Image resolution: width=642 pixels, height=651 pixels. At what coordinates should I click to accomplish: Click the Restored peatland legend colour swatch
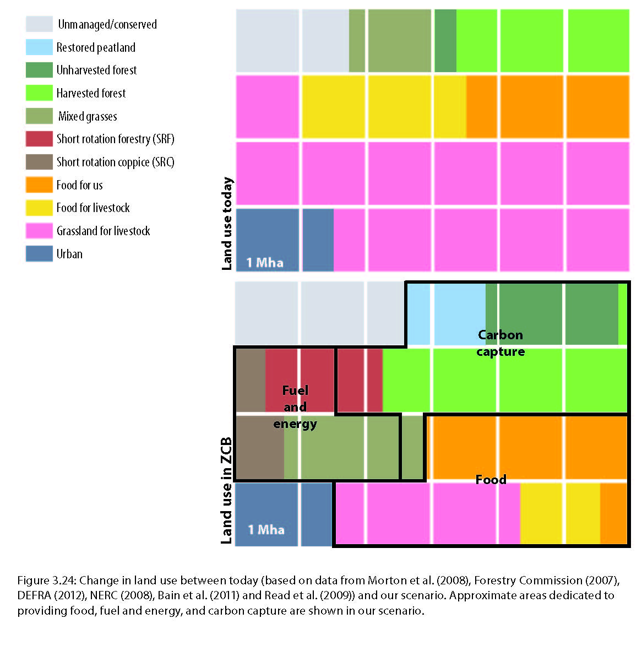point(39,47)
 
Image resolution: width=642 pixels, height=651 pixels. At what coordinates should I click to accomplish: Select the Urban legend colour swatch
point(39,254)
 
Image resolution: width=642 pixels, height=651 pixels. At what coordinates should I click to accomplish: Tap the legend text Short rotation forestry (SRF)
point(115,139)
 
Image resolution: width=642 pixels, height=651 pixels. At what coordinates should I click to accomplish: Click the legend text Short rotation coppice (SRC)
point(115,162)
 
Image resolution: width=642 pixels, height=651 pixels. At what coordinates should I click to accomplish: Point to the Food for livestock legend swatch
point(39,208)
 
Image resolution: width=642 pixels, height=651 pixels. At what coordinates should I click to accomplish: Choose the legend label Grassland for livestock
point(103,231)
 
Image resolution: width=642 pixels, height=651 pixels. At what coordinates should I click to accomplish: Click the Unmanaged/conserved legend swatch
point(39,24)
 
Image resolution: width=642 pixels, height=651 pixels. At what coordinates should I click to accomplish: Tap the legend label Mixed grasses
point(88,116)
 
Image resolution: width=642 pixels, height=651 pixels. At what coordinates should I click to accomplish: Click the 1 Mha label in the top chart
point(265,262)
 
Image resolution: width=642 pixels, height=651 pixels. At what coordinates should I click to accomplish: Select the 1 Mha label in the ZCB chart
point(266,529)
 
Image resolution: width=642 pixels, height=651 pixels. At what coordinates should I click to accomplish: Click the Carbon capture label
point(500,343)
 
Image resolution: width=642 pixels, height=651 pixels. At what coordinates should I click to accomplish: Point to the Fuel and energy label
point(295,407)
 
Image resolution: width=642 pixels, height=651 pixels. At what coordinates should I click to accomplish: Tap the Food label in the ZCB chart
point(491,480)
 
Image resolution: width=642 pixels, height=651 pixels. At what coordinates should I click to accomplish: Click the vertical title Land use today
point(227,223)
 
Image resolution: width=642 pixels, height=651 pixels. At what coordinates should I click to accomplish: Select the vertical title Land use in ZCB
point(226,490)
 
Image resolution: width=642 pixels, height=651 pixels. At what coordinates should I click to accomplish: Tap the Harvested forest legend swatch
point(39,93)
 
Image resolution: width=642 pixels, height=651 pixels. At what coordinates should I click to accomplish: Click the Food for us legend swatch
point(39,185)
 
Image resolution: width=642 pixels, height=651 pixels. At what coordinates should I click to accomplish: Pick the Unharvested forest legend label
point(96,70)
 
